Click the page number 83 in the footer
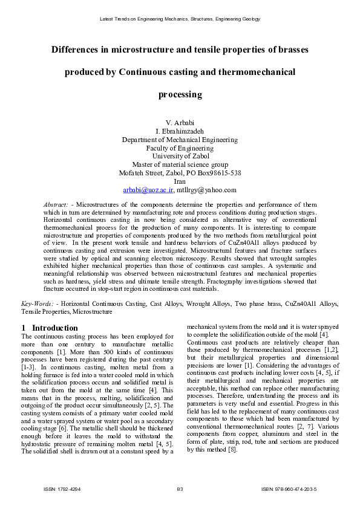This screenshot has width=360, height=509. coord(180,488)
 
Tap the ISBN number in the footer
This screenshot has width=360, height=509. coord(289,488)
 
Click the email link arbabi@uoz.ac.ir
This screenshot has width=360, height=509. coord(148,190)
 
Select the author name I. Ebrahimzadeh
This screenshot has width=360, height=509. coord(180,131)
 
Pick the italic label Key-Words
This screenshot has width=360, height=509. coord(37,302)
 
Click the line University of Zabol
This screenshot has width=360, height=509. coord(180,156)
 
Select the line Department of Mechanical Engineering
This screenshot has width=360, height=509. coord(180,140)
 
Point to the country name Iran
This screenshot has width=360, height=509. coord(180,181)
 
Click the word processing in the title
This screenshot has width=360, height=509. coord(180,95)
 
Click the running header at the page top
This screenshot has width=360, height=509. coord(180,19)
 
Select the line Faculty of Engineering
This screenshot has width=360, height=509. coord(180,148)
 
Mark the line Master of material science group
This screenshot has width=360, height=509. coord(180,164)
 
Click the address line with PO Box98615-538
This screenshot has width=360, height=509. coord(180,173)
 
